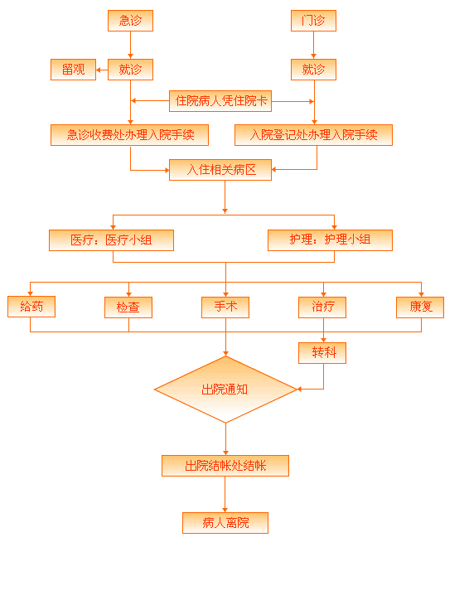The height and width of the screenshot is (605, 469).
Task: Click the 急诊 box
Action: tap(130, 21)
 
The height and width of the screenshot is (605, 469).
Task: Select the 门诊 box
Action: tap(313, 21)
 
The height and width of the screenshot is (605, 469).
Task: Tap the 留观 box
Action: tap(73, 70)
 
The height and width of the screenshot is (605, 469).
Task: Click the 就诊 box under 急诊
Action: tap(130, 70)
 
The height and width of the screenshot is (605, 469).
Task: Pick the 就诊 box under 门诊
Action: tap(313, 70)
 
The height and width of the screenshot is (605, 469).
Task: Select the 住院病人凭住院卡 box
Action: tap(220, 101)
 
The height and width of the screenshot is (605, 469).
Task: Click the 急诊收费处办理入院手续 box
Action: tap(129, 135)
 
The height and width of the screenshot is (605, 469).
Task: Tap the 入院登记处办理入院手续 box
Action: tap(313, 135)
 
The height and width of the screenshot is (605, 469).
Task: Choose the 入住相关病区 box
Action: tap(220, 170)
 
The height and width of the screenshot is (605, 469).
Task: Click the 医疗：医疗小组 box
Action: tap(112, 240)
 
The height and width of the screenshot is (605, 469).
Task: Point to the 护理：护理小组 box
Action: tap(330, 240)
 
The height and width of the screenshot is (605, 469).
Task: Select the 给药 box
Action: tap(31, 307)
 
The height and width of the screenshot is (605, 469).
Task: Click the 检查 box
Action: tap(128, 307)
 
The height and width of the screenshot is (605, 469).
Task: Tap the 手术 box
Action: tap(225, 307)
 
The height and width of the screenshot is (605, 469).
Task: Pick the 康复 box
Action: tap(420, 307)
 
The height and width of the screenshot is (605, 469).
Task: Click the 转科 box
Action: tap(322, 353)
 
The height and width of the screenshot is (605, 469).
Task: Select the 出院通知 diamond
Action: tap(225, 390)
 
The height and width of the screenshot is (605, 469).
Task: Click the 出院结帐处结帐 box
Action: tap(225, 466)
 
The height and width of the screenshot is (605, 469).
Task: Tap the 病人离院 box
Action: tap(225, 523)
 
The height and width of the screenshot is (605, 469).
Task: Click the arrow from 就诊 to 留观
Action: tap(102, 70)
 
